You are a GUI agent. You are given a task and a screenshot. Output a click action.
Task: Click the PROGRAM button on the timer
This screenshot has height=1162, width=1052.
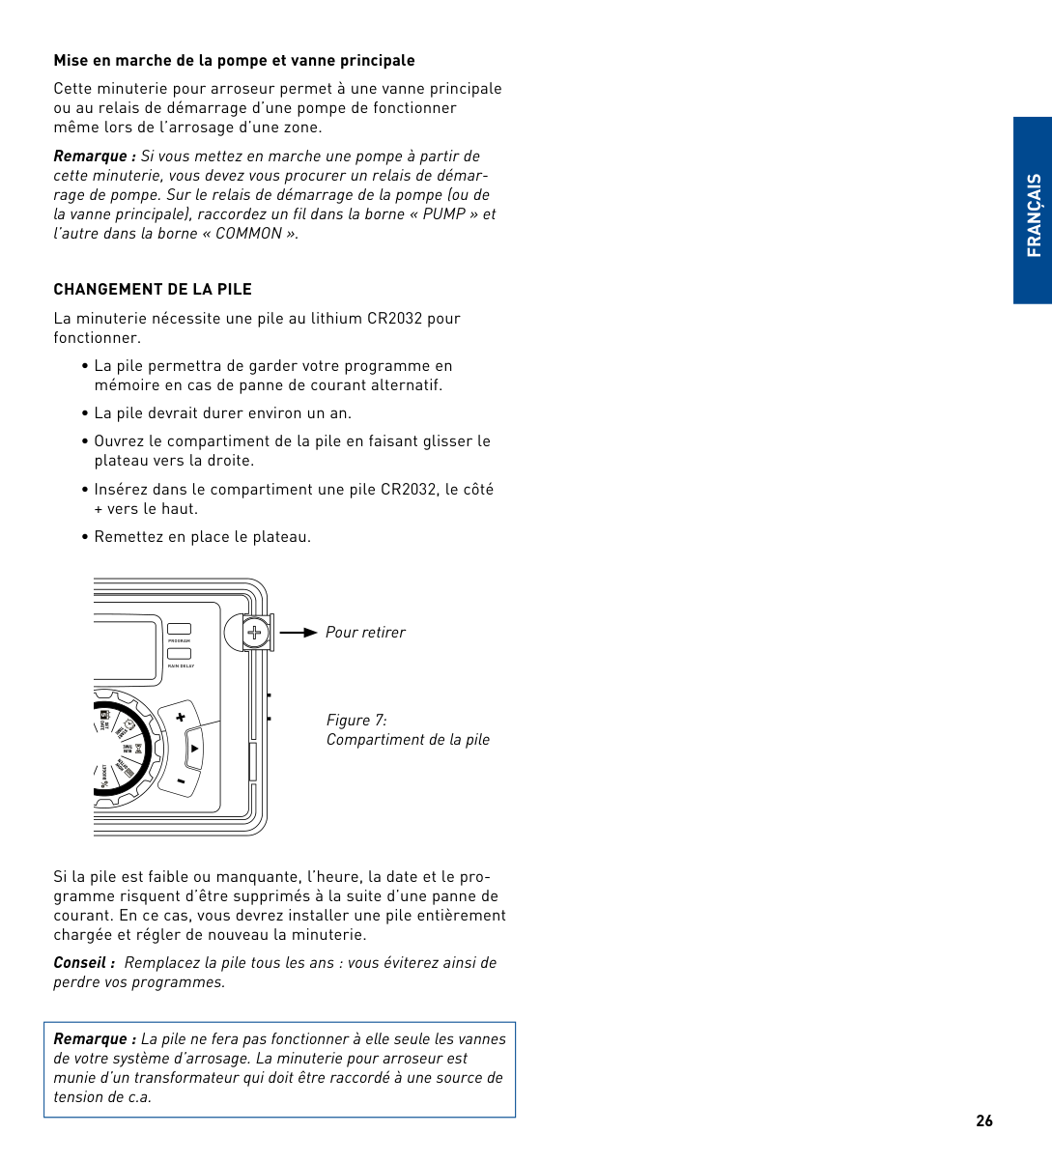coord(180,630)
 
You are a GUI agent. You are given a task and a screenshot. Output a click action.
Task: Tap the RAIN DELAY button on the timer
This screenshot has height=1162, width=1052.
coord(180,654)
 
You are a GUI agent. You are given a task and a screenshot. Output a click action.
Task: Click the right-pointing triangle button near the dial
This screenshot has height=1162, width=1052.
coord(194,749)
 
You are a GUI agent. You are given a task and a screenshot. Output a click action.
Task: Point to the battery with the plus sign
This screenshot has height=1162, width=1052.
coord(254,634)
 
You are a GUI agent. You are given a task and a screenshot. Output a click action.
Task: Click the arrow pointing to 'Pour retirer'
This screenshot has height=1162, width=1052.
coord(299,633)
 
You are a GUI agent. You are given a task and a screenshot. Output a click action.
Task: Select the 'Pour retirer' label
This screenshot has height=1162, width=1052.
coord(365,633)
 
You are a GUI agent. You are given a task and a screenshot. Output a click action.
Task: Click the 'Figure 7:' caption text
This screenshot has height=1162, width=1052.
coord(356,721)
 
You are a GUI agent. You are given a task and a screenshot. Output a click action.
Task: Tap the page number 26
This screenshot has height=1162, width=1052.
coord(984,1121)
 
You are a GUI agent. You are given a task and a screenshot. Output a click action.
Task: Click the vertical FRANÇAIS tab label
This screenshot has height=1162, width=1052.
coord(1034,214)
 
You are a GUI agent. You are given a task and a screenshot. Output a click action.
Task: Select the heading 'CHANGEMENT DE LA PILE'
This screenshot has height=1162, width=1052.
coord(153,290)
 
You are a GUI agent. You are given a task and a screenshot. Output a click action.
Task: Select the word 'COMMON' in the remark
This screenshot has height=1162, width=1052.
coord(250,234)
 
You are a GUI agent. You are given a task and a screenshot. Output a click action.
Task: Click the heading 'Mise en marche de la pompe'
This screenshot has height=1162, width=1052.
coord(234,61)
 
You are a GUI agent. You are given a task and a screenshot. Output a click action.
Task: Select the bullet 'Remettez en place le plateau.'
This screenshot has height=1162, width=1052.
coord(202,537)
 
